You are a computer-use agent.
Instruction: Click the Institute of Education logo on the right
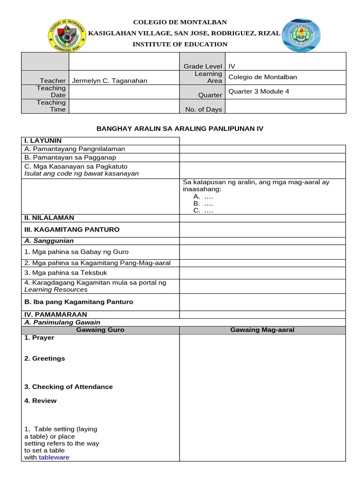pos(300,36)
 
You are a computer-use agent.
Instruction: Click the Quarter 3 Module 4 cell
pos(258,91)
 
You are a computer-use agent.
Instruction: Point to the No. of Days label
pos(204,110)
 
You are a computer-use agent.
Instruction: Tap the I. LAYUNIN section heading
pos(43,141)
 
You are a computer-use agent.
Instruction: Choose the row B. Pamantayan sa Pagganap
pos(70,157)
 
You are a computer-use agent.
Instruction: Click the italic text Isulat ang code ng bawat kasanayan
pos(82,173)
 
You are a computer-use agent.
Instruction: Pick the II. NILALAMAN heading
pos(49,218)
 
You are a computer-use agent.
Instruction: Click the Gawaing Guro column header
pos(100,330)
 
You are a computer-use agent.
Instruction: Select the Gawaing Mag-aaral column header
pos(262,330)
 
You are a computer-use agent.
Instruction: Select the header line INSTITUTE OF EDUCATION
pos(180,45)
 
